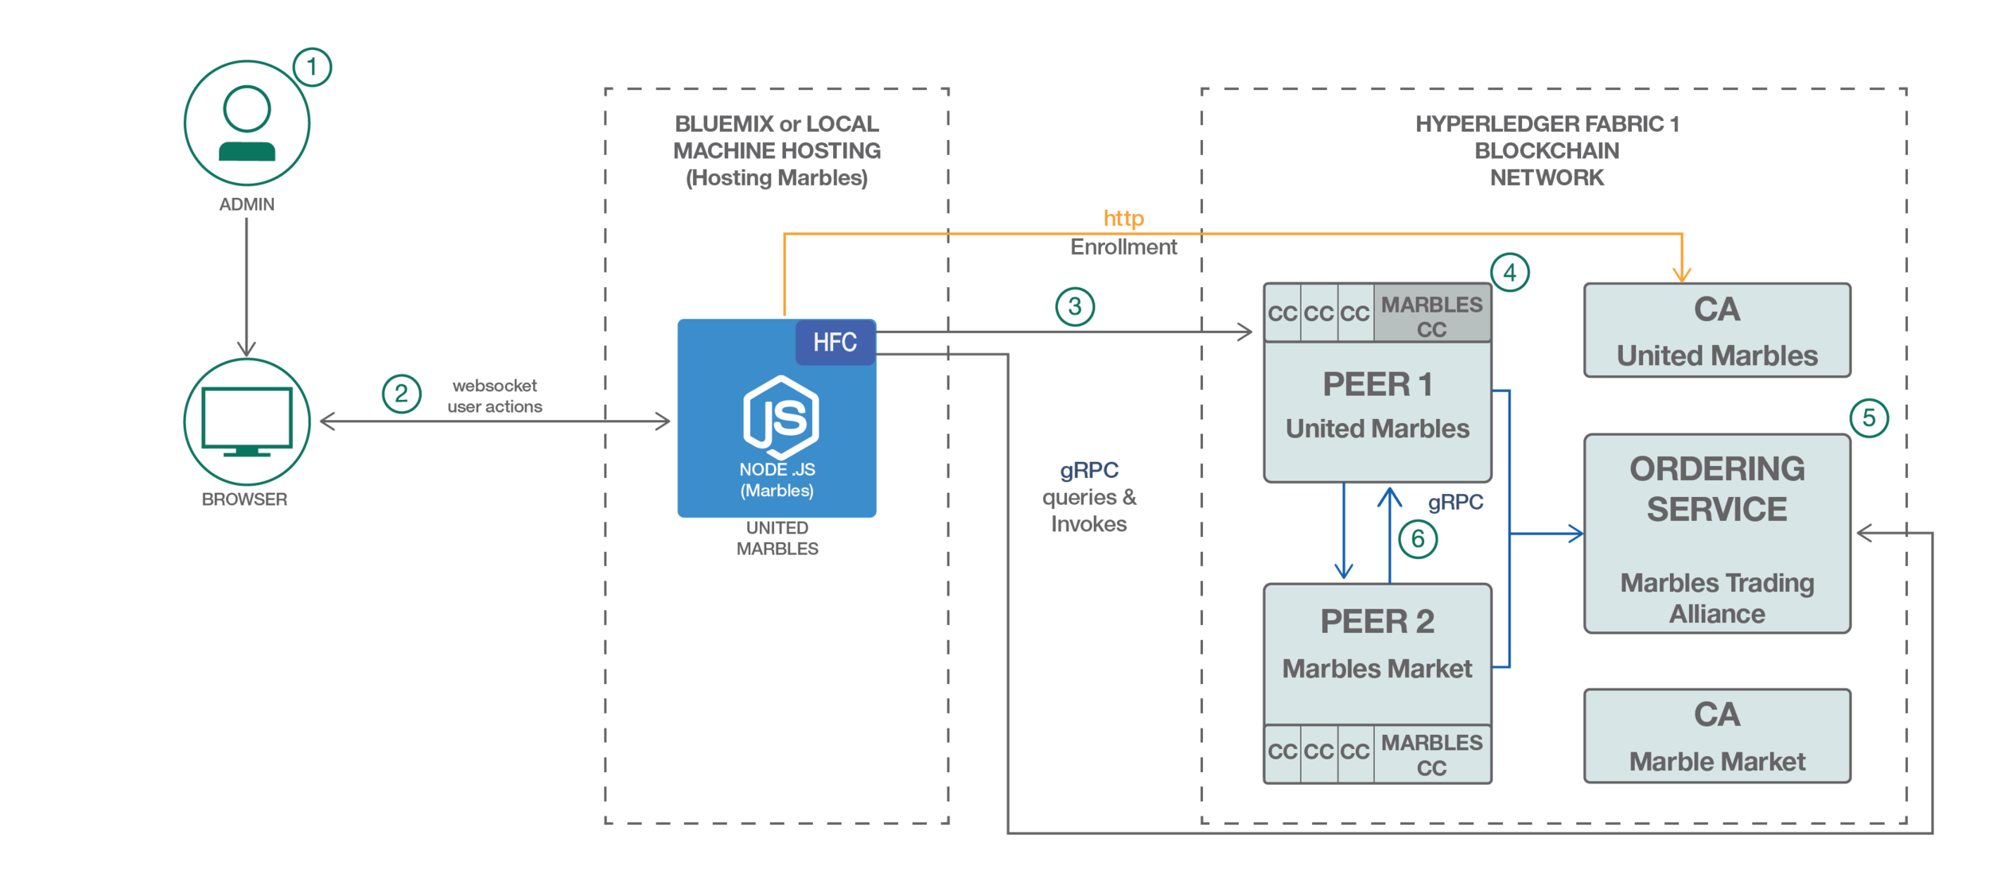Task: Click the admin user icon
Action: click(247, 123)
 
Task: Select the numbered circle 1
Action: click(312, 67)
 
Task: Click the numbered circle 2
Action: click(401, 394)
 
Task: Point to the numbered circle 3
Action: click(1075, 306)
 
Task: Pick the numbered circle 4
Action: click(1509, 273)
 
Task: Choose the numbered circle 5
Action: click(1869, 418)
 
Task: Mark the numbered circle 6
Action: click(1418, 539)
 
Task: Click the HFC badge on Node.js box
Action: click(835, 342)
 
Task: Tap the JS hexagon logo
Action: click(780, 417)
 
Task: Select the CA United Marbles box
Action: click(1717, 330)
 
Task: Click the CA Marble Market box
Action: click(1717, 736)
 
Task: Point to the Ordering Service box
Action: click(1717, 533)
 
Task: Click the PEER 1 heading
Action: click(1377, 385)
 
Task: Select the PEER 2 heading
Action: click(1377, 622)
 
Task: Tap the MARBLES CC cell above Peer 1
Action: click(1431, 316)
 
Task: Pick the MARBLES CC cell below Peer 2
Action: click(1431, 754)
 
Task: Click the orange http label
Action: click(1123, 218)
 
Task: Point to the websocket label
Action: click(495, 386)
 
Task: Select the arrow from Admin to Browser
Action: click(247, 286)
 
